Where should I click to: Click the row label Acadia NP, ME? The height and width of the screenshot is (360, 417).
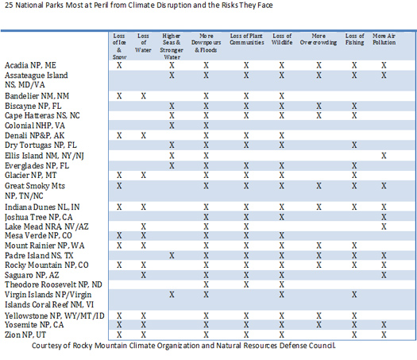[30, 65]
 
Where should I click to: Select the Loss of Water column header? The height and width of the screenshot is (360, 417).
[143, 43]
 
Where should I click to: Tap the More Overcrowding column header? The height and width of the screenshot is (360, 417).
[319, 40]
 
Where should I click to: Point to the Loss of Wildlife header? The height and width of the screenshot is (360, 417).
[282, 40]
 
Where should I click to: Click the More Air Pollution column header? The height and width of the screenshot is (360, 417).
[384, 40]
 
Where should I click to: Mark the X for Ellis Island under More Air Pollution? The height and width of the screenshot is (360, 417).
[384, 156]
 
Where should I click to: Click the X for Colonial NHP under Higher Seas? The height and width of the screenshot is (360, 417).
[172, 126]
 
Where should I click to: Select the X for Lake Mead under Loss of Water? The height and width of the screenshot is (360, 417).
[143, 226]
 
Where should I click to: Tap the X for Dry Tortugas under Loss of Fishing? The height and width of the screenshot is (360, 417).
[354, 145]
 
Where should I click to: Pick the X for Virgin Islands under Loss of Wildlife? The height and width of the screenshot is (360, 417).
[282, 295]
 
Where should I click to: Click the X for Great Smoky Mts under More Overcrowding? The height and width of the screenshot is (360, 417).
[319, 186]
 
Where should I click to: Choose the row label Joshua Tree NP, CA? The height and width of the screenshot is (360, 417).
[39, 217]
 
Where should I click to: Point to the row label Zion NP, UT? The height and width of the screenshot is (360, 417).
[25, 335]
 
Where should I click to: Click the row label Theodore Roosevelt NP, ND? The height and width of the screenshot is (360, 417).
[53, 285]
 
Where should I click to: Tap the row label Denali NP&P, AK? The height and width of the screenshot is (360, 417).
[35, 136]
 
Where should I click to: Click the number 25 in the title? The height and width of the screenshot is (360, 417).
[9, 6]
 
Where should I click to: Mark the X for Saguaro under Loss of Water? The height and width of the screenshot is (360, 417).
[143, 275]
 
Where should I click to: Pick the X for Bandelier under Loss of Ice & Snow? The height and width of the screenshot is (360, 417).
[119, 96]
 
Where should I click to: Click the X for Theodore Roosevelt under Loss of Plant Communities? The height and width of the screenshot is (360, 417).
[246, 285]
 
